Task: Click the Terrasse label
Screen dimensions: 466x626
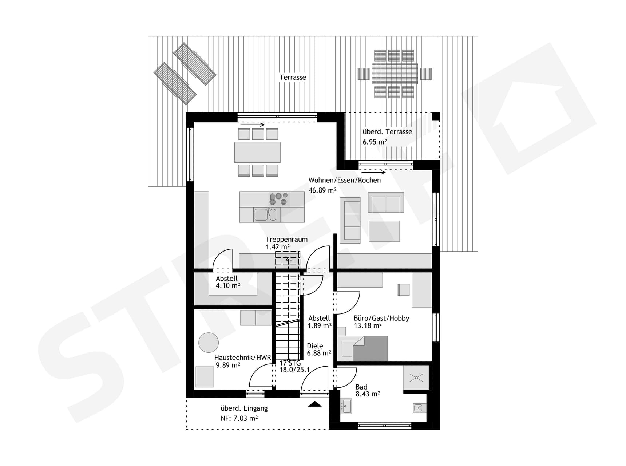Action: pos(293,77)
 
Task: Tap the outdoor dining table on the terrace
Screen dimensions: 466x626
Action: pos(395,74)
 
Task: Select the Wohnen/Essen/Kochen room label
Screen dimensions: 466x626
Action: pos(344,180)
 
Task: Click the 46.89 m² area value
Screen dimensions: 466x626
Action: pos(322,190)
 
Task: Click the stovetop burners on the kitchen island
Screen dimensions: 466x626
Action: pos(278,199)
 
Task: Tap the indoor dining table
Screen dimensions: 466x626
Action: pos(257,152)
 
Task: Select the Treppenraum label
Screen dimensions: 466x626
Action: pos(286,239)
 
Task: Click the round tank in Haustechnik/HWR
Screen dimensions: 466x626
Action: pos(209,342)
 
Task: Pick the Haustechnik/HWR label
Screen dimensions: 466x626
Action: pos(242,358)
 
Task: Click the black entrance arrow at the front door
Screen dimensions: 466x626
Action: pos(315,404)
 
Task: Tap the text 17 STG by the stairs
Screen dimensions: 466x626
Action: pos(290,363)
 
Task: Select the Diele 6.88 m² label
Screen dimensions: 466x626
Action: pos(318,349)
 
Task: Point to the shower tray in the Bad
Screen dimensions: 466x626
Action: pos(416,378)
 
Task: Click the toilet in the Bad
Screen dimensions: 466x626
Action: pos(420,408)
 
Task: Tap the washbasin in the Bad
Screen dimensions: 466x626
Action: pos(346,406)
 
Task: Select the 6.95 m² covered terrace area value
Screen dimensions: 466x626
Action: pos(375,142)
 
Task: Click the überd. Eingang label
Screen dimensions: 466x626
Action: pos(244,408)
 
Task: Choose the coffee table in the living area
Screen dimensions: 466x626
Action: pos(384,231)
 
